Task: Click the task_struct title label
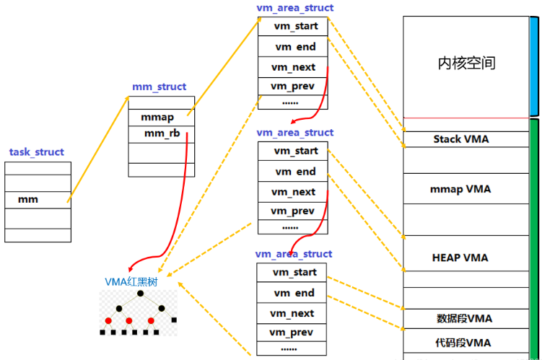(37, 152)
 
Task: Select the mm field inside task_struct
(28, 199)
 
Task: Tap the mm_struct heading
(159, 87)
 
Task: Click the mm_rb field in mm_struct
(158, 133)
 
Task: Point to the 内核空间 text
(466, 63)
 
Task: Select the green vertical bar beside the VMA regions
(534, 238)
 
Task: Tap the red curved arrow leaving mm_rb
(178, 216)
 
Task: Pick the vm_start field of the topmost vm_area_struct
(295, 26)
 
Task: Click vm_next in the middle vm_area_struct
(293, 192)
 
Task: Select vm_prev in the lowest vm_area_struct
(292, 332)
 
